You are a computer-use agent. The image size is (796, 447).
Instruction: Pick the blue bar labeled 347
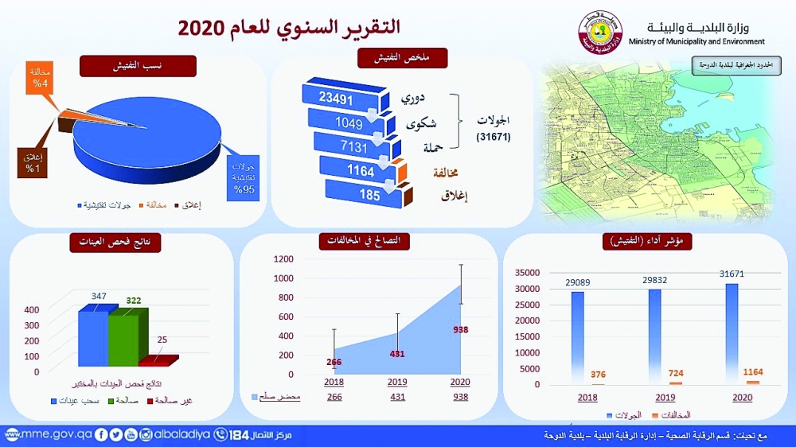(92, 335)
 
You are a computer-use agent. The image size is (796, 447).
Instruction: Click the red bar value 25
(162, 340)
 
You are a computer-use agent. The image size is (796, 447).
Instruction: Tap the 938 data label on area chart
(460, 329)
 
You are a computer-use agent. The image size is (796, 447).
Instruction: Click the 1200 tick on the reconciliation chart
(283, 258)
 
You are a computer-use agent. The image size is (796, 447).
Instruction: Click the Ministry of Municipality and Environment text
(696, 41)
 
